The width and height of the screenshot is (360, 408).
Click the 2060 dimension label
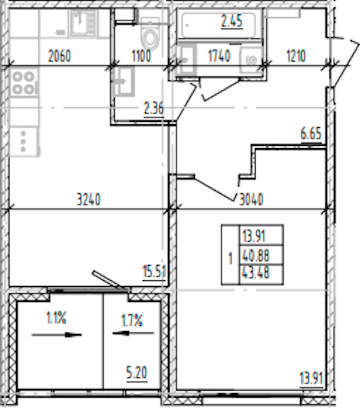click(x=59, y=56)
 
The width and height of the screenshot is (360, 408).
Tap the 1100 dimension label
click(x=141, y=56)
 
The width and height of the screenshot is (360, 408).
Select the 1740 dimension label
click(x=219, y=56)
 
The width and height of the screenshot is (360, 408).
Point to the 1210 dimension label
click(x=296, y=56)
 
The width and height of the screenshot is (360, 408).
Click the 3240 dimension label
click(x=88, y=200)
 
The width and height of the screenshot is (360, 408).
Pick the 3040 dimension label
click(x=251, y=200)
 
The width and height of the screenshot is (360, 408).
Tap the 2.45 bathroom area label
click(x=232, y=21)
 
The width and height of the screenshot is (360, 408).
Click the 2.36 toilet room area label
click(x=154, y=108)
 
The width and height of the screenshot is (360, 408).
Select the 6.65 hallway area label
click(x=311, y=134)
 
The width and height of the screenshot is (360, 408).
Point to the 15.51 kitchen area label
click(x=154, y=271)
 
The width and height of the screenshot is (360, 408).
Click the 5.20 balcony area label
click(x=137, y=373)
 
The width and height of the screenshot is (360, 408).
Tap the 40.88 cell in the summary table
click(x=256, y=256)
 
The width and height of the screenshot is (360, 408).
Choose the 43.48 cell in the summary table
click(x=256, y=272)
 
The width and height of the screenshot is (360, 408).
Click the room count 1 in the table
click(x=230, y=259)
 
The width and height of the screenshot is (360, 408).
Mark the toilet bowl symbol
click(x=150, y=34)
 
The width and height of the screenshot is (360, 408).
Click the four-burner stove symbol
click(x=24, y=83)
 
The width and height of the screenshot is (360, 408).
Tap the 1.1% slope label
click(x=56, y=318)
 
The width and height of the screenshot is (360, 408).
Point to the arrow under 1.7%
click(x=133, y=333)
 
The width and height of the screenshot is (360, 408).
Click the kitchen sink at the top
click(x=83, y=23)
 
